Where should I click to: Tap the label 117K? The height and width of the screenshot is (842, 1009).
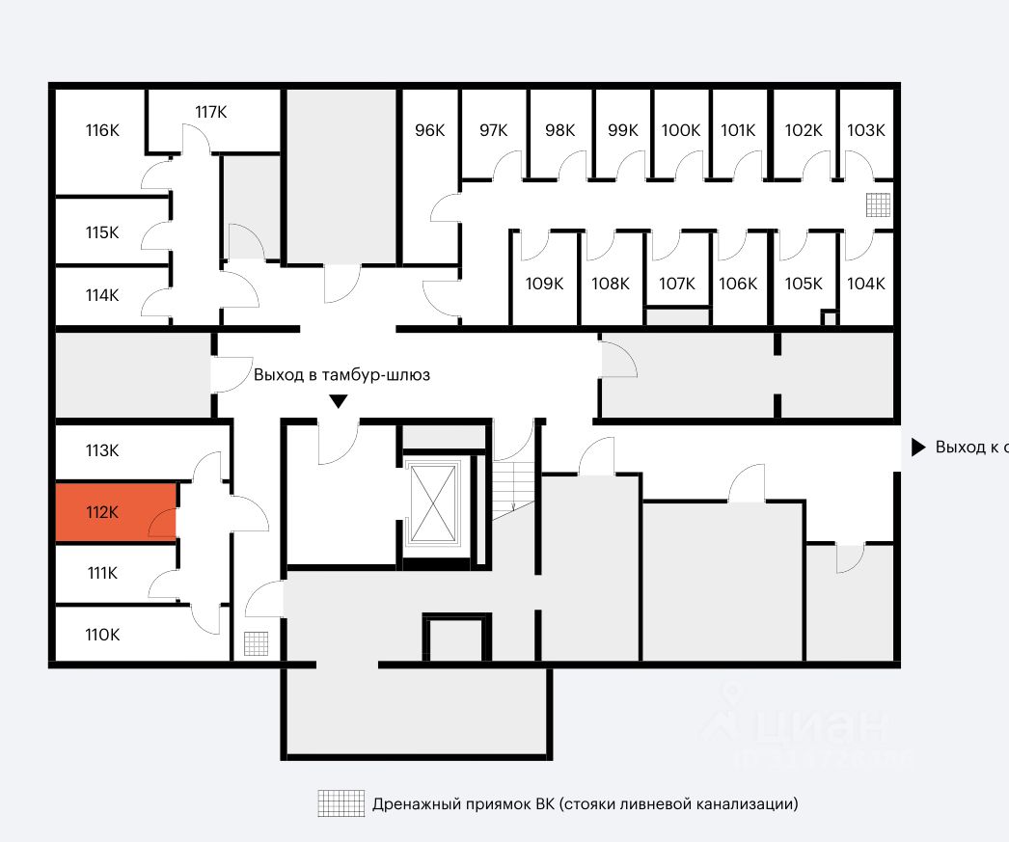pyautogui.click(x=210, y=112)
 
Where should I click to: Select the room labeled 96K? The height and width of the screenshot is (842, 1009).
pyautogui.click(x=429, y=130)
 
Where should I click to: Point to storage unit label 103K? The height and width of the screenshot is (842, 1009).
pyautogui.click(x=865, y=130)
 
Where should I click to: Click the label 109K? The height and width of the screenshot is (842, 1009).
pyautogui.click(x=544, y=284)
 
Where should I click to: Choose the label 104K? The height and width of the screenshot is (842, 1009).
pyautogui.click(x=865, y=284)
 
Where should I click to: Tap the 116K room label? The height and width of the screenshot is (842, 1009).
pyautogui.click(x=101, y=130)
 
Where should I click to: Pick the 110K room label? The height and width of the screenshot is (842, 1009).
pyautogui.click(x=101, y=634)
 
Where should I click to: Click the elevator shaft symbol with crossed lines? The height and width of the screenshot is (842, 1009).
pyautogui.click(x=433, y=502)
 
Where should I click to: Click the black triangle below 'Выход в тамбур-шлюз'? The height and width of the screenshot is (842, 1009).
pyautogui.click(x=338, y=401)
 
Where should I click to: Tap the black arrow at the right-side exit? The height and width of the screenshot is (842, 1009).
pyautogui.click(x=917, y=448)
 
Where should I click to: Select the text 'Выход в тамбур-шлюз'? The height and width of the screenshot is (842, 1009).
pyautogui.click(x=341, y=375)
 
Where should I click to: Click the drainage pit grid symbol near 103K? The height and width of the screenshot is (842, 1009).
pyautogui.click(x=878, y=205)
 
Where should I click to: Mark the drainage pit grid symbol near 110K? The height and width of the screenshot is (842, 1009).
pyautogui.click(x=256, y=642)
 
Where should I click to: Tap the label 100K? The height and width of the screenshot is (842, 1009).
pyautogui.click(x=681, y=130)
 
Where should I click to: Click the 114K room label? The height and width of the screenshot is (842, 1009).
pyautogui.click(x=101, y=295)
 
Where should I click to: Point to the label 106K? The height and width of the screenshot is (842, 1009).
pyautogui.click(x=738, y=284)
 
